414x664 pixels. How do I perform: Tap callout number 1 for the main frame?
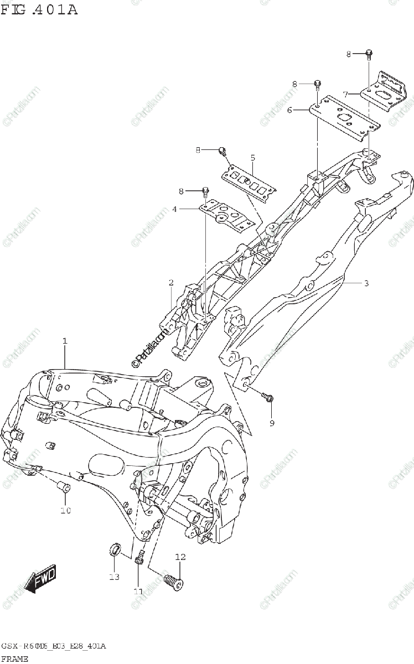point(65,341)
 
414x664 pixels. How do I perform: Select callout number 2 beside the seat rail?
point(172,283)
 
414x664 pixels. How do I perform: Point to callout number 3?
point(366,283)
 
